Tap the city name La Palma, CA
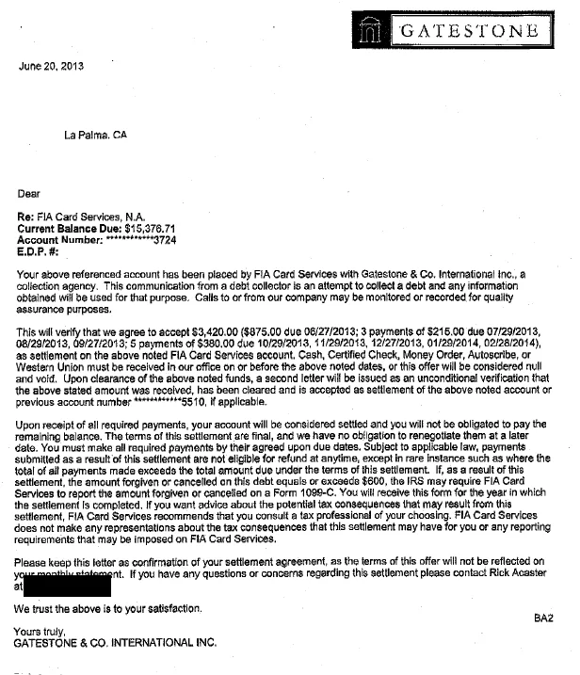pyautogui.click(x=95, y=136)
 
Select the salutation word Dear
pyautogui.click(x=29, y=194)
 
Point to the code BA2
pyautogui.click(x=545, y=619)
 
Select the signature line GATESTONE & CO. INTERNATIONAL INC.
pyautogui.click(x=115, y=644)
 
